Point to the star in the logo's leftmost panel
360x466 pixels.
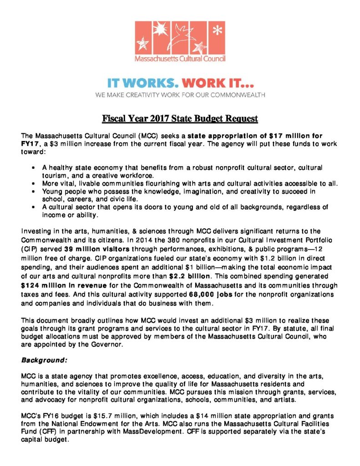(x=145, y=44)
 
